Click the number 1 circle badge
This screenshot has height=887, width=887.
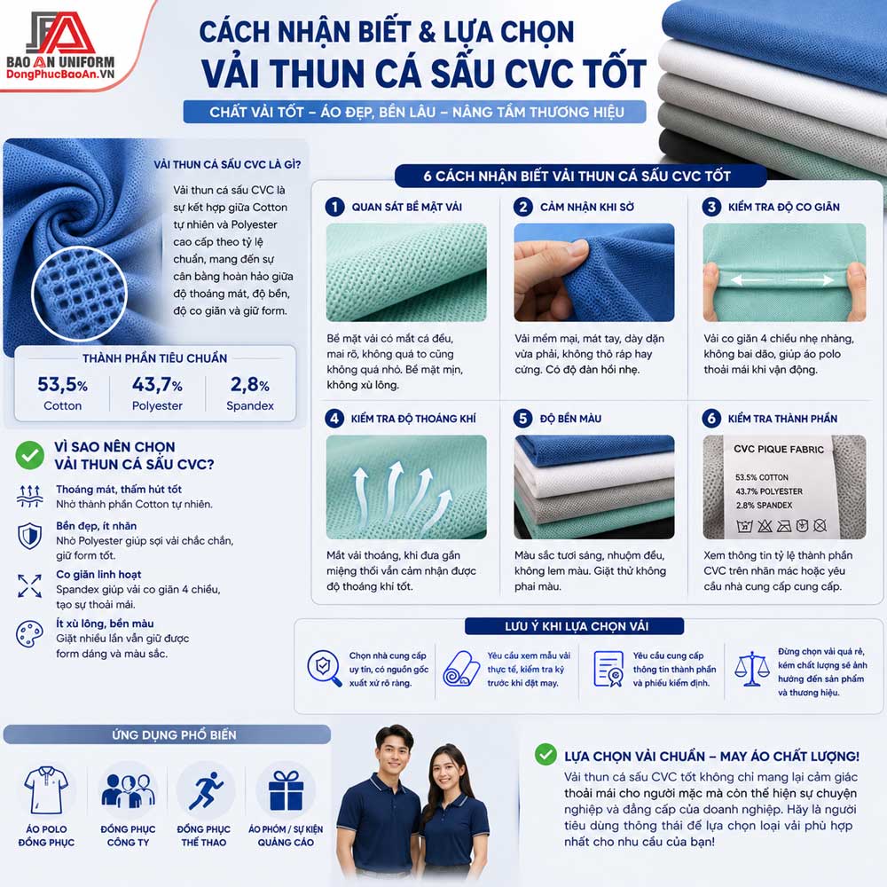335,207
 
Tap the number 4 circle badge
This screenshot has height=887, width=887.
335,419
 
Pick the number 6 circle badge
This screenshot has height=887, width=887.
711,419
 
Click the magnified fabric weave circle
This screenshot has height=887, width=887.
79,294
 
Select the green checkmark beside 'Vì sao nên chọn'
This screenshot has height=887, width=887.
30,455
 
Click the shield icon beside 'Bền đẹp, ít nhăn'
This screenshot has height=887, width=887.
29,535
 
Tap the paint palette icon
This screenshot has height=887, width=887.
29,634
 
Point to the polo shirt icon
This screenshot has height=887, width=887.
46,789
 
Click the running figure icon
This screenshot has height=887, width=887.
206,790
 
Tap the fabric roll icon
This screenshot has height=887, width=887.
461,669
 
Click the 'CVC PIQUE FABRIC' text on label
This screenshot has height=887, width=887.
779,449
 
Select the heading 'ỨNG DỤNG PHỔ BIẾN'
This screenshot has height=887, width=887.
174,734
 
